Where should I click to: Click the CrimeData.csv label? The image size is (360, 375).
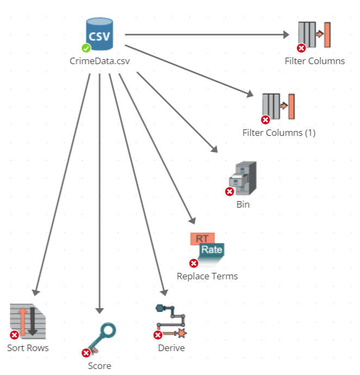pyautogui.click(x=100, y=61)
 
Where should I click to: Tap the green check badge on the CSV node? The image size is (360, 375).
pyautogui.click(x=86, y=48)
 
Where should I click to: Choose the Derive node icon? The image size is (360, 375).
pyautogui.click(x=171, y=321)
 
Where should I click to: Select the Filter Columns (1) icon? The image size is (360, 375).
pyautogui.click(x=278, y=107)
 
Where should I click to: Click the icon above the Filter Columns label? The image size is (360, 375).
pyautogui.click(x=314, y=35)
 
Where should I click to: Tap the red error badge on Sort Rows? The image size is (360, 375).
pyautogui.click(x=15, y=335)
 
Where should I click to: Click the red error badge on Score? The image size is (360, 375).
pyautogui.click(x=86, y=353)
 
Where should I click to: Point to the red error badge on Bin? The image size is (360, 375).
pyautogui.click(x=229, y=192)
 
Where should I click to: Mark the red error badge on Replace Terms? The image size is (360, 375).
pyautogui.click(x=194, y=263)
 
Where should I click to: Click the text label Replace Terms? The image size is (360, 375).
pyautogui.click(x=207, y=276)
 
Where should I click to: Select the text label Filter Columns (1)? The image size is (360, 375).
pyautogui.click(x=279, y=133)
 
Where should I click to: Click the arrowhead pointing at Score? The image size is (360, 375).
pyautogui.click(x=100, y=310)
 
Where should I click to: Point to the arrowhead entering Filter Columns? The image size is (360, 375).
pyautogui.click(x=286, y=35)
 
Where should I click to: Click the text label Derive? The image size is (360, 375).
pyautogui.click(x=171, y=348)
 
